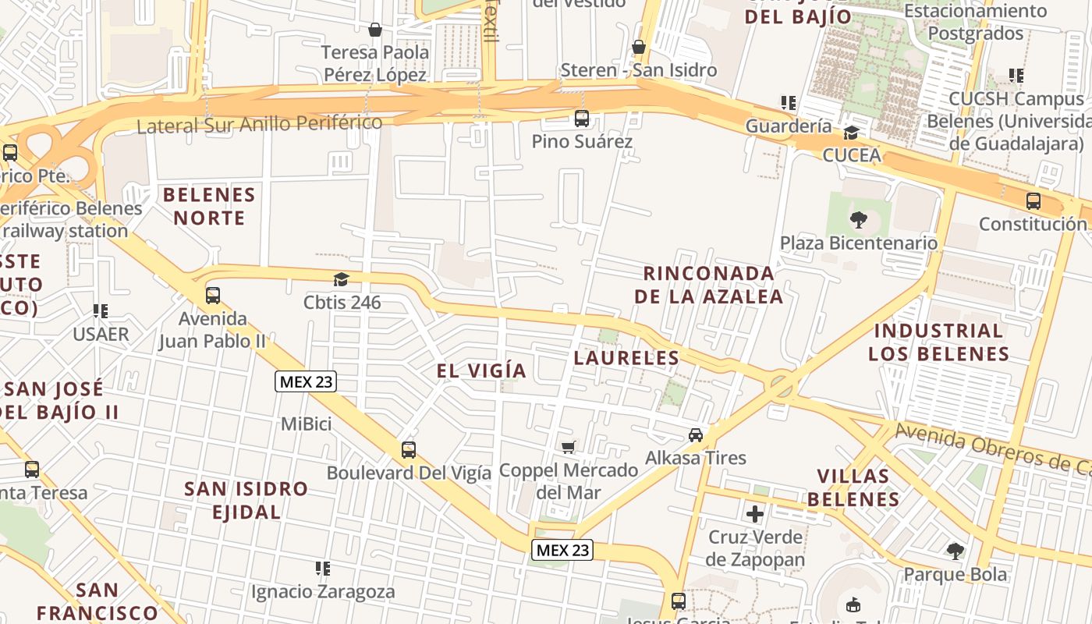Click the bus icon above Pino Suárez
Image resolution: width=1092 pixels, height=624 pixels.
581,119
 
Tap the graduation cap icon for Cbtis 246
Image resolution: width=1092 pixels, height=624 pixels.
341,279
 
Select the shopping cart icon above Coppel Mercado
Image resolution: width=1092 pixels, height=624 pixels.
569,447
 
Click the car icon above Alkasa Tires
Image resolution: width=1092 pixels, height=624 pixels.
696,434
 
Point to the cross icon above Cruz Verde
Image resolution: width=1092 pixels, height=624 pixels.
754,514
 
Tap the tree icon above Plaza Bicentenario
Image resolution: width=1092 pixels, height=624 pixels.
859,220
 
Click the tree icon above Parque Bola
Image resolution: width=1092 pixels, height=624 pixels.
955,551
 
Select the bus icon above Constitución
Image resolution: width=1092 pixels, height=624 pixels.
1033,201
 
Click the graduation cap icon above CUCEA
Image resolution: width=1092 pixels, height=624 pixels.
852,133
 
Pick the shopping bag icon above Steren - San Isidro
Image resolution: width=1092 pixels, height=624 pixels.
639,47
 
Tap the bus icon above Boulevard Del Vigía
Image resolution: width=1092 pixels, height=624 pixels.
408,450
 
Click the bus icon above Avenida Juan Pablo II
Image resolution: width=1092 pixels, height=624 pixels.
212,296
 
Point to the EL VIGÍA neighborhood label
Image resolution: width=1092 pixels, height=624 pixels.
481,370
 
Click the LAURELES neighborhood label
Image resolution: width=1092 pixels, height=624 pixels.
626,358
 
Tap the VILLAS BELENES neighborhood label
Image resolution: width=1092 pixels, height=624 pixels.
853,487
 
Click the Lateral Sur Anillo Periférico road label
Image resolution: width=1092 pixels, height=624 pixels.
259,124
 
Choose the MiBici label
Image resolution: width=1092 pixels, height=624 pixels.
306,424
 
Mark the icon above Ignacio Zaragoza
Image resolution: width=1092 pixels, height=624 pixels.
322,569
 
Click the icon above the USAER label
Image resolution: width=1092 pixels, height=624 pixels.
100,311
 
